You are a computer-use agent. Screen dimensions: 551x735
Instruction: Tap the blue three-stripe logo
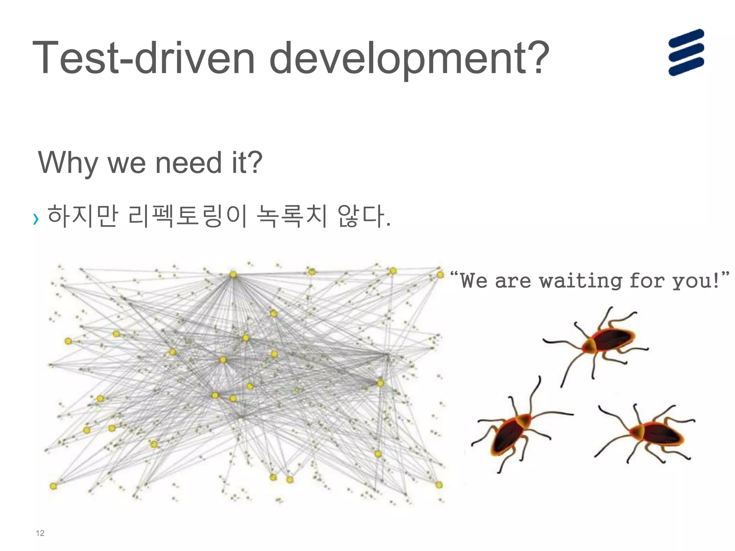pos(686,52)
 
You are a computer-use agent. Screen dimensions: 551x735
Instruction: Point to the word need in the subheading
pos(188,163)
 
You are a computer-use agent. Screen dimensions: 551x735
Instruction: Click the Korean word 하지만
pos(83,216)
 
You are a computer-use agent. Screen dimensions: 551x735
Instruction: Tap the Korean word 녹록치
pos(292,216)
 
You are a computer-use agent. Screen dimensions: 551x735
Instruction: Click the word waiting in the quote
pos(580,281)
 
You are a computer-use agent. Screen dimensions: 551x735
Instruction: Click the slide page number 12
pos(40,533)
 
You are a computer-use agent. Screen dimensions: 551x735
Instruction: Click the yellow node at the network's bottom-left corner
pos(53,486)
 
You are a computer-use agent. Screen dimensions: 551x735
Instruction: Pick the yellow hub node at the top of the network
pos(233,274)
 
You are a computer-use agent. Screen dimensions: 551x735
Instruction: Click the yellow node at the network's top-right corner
pos(440,275)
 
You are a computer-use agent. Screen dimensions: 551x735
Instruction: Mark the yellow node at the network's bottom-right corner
pos(439,485)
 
